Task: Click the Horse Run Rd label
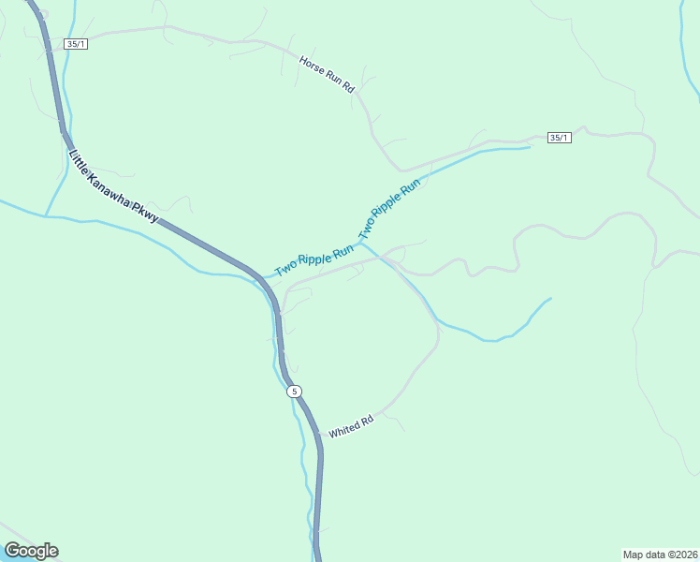click(x=328, y=75)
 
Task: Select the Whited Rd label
click(x=351, y=426)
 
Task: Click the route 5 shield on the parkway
click(x=294, y=391)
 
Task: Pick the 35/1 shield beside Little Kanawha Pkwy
click(x=76, y=44)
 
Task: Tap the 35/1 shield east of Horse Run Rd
click(x=559, y=138)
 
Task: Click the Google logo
click(x=31, y=551)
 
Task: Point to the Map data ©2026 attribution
click(x=660, y=554)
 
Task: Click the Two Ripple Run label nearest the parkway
click(x=314, y=260)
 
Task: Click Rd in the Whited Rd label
click(x=367, y=421)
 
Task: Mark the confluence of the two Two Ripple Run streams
click(x=362, y=242)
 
